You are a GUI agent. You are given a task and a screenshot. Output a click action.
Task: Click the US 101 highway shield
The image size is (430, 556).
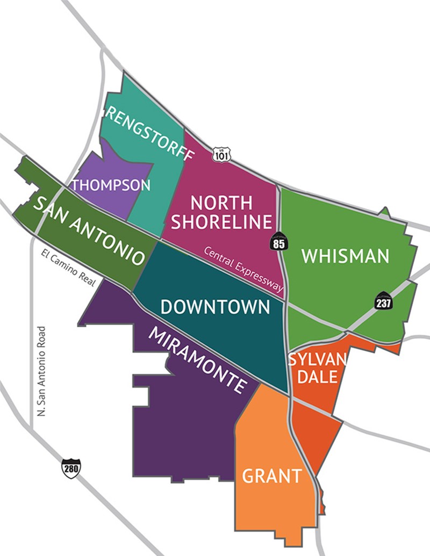point(220,154)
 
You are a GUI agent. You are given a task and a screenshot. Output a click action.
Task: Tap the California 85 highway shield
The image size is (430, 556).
point(279,241)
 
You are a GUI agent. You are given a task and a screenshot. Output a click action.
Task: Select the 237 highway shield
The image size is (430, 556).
point(384,302)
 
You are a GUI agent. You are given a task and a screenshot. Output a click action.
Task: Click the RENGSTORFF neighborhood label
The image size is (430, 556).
point(149,132)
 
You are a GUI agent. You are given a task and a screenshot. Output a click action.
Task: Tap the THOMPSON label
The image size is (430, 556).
point(111,185)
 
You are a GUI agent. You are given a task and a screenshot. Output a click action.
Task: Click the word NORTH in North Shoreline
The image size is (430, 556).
point(221,203)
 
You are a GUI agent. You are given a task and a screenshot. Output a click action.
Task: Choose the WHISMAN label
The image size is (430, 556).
point(345,256)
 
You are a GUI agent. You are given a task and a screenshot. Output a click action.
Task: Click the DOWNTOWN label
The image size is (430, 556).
point(215,307)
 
